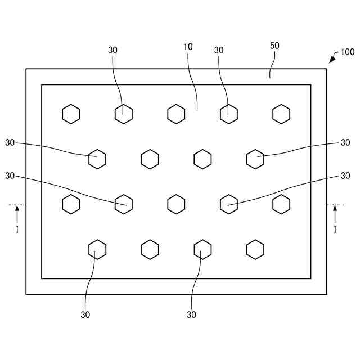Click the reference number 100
coord(347,52)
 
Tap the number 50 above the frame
coord(274,46)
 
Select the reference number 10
coord(188,47)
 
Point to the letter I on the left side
coord(17,229)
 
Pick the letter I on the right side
coord(335,229)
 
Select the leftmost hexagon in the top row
coord(71,114)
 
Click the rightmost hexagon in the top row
coord(281,114)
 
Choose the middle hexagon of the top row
coord(176,114)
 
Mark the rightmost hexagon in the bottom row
coord(255,249)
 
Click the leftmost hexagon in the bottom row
coord(97,249)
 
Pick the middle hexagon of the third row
coord(176,204)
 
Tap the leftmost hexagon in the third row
coord(71,204)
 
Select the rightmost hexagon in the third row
coord(281,204)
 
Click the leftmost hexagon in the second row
coord(97,159)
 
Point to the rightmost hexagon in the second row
coord(255,159)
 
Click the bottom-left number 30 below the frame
coord(85,315)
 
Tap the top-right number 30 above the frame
coord(219,51)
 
